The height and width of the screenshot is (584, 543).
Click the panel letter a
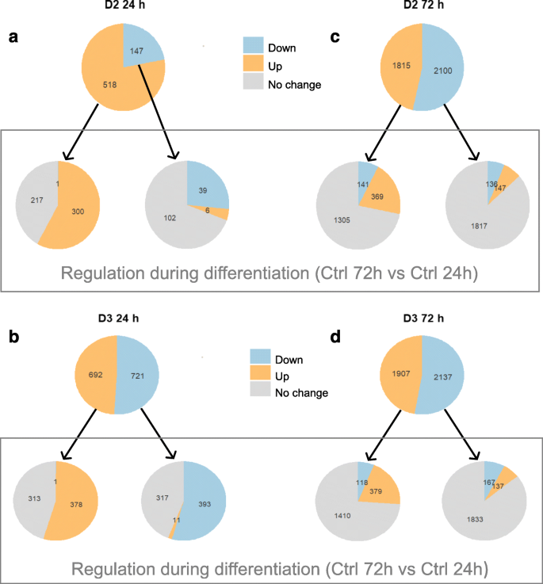(x=13, y=38)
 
